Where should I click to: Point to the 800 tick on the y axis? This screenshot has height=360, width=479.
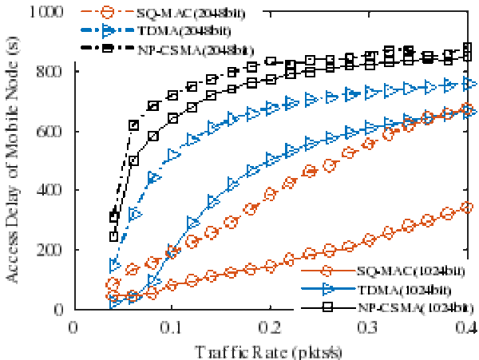(53, 72)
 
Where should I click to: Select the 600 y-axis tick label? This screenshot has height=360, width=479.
(53, 131)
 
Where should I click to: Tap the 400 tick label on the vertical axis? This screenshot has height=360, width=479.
(53, 191)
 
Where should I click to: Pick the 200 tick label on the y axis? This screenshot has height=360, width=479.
(53, 250)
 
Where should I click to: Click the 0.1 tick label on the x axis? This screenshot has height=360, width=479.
(172, 326)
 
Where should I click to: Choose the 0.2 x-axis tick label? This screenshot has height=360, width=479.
(271, 326)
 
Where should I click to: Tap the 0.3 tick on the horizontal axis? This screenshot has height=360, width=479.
(370, 326)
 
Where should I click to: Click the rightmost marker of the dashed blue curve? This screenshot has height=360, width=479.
(469, 83)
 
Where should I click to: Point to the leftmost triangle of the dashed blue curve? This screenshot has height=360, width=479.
(114, 266)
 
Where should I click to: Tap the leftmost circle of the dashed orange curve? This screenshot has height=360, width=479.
(113, 284)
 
